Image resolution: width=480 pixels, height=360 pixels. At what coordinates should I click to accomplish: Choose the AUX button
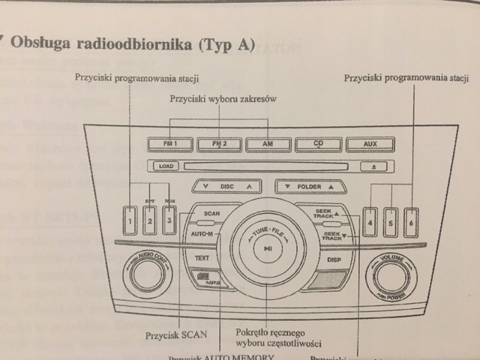[x=370, y=144]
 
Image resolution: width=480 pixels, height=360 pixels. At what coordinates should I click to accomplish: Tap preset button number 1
[x=130, y=220]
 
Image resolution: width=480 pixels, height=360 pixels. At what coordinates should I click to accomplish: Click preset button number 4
[x=370, y=222]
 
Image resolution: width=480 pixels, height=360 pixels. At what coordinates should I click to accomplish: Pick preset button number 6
[x=410, y=222]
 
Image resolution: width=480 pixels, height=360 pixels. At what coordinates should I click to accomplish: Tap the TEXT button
[x=201, y=257]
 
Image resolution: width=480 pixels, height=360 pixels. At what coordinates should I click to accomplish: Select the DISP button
[x=334, y=259]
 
